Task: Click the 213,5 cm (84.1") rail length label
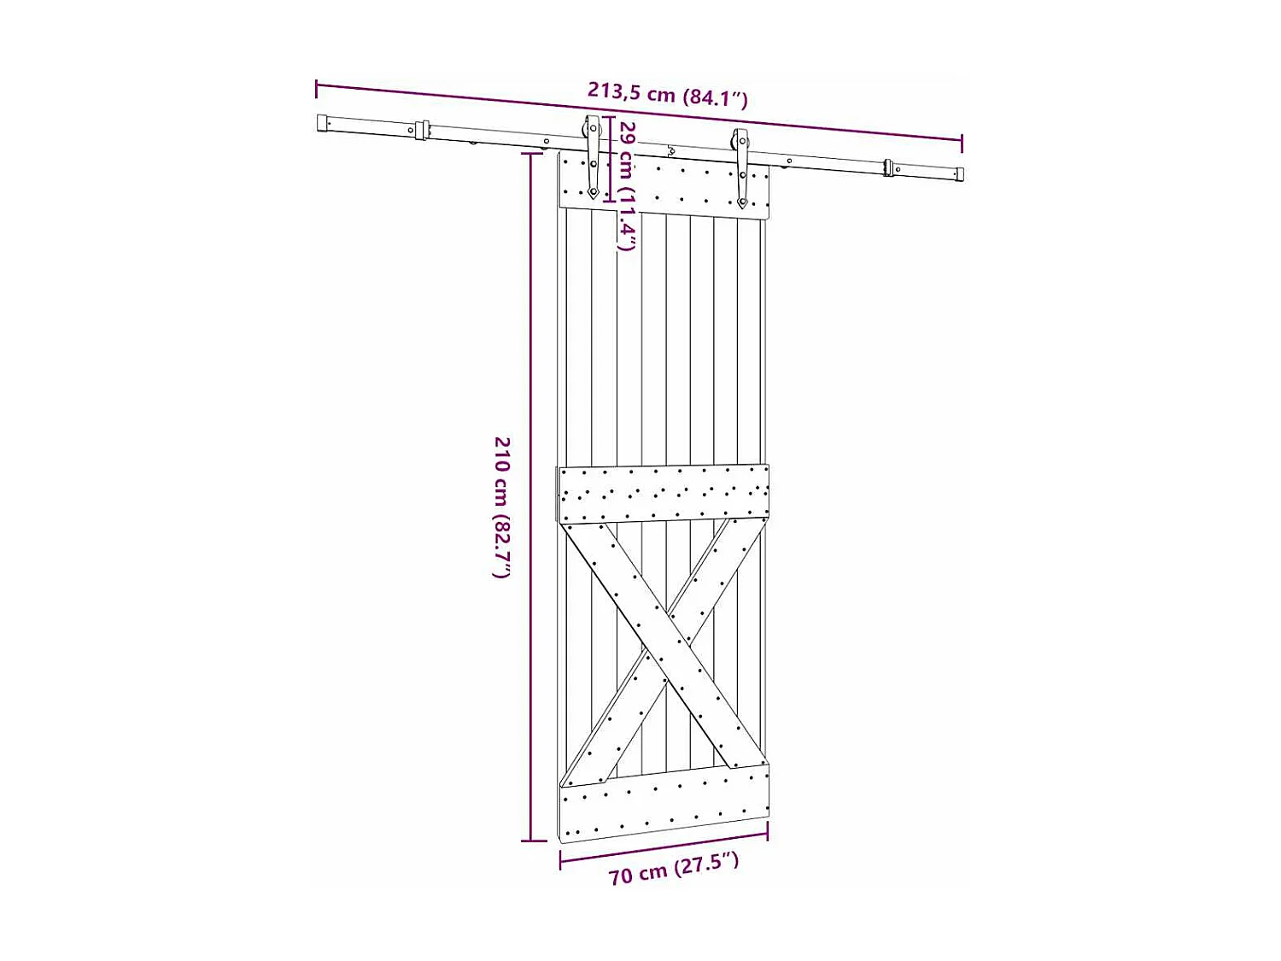point(667,94)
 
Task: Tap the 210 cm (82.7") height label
point(502,507)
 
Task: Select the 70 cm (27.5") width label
point(673,869)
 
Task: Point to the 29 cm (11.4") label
point(628,185)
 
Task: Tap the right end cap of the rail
point(959,174)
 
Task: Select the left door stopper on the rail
point(420,130)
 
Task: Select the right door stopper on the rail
point(889,167)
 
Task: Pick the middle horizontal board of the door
point(664,494)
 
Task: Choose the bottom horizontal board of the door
point(664,803)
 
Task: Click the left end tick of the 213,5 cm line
point(317,88)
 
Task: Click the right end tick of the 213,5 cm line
point(962,144)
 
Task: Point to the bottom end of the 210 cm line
point(532,841)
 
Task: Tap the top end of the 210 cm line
point(532,154)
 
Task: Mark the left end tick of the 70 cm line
point(560,859)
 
